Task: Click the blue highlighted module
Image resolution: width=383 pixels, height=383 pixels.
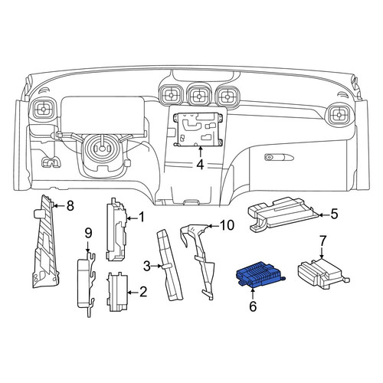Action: [x=260, y=275]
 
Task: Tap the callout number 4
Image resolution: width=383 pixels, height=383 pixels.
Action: [x=201, y=165]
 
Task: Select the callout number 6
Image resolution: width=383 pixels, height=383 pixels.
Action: [x=253, y=306]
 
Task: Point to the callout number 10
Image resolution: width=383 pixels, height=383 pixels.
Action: [x=227, y=225]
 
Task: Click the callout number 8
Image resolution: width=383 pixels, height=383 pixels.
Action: [x=70, y=205]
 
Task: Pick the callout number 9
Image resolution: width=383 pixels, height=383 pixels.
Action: [x=88, y=234]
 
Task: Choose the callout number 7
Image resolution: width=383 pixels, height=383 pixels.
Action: [x=322, y=241]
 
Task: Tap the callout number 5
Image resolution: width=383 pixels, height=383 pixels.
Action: [x=334, y=214]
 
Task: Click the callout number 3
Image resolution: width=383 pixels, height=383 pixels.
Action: [x=147, y=267]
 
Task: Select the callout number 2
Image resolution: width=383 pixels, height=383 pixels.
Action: [x=143, y=292]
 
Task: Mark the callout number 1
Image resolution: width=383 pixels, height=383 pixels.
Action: [x=141, y=218]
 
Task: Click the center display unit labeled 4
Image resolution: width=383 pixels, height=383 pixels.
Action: [x=198, y=129]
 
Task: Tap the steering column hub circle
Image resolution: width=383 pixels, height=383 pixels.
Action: [x=102, y=148]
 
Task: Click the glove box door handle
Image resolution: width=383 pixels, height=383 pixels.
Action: [x=279, y=157]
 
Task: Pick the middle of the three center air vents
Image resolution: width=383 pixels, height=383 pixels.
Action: [x=198, y=97]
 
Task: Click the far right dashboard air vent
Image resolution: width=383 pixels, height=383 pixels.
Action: [x=339, y=115]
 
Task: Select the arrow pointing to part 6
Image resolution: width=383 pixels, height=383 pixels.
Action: [x=253, y=293]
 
